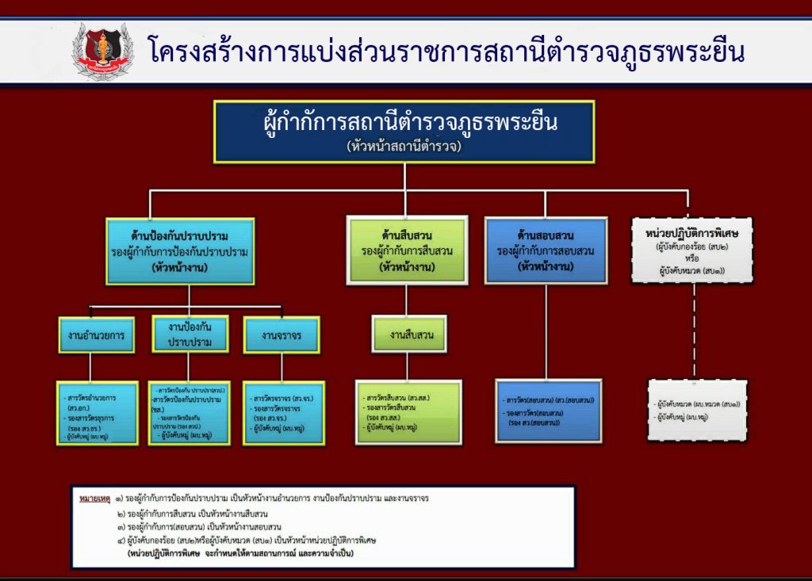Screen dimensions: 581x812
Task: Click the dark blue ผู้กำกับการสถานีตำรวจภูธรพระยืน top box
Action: (x=404, y=131)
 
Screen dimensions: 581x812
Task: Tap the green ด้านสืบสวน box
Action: (x=406, y=250)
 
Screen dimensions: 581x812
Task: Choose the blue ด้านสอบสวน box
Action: (x=546, y=250)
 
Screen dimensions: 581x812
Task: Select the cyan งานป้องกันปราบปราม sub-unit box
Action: (x=188, y=334)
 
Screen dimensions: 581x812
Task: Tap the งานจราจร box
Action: (x=281, y=334)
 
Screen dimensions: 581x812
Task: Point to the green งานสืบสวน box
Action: (x=409, y=334)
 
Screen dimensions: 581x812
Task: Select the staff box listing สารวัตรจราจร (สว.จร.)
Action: (x=283, y=413)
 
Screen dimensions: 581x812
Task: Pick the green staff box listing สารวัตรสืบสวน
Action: (x=408, y=412)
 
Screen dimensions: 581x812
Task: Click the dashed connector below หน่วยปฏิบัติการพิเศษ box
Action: (x=694, y=333)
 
